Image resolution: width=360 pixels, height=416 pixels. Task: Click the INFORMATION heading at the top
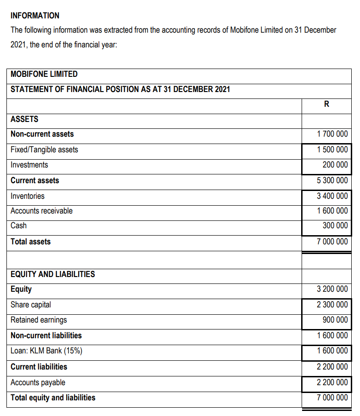coord(35,15)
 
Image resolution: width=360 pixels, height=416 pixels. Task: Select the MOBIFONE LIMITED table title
coord(44,74)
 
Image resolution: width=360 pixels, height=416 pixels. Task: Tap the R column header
coord(326,104)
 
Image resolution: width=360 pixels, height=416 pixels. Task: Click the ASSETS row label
coord(24,119)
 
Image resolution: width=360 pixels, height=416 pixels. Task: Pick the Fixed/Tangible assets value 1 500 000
coord(332,150)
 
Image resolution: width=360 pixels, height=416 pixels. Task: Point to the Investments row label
coord(29,165)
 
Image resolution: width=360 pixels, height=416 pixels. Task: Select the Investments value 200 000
coord(336,165)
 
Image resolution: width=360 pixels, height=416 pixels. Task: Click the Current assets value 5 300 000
coord(332,180)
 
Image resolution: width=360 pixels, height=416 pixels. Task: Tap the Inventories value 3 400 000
coord(332,196)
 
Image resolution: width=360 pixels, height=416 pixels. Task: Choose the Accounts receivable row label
coord(41,211)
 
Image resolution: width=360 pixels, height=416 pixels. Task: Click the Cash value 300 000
coord(336,225)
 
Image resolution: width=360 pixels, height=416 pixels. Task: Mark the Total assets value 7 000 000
coord(332,242)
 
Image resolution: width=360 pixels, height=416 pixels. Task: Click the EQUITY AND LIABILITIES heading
coord(53,274)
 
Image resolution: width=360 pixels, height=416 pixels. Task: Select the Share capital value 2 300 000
coord(332,305)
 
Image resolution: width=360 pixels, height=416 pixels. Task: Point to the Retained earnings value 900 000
coord(336,320)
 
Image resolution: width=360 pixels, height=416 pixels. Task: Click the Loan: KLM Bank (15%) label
coord(46,351)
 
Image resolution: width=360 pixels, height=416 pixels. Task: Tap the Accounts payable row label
coord(38,382)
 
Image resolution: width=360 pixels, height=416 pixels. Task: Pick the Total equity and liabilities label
coord(53,398)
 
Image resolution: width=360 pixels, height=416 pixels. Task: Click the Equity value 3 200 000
coord(332,289)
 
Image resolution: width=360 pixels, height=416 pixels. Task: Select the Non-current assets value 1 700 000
coord(332,134)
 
